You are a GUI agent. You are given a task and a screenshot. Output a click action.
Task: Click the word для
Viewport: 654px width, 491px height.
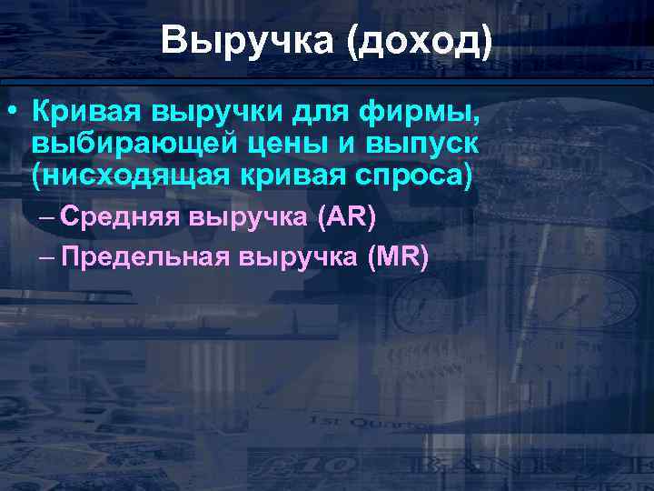click(x=317, y=114)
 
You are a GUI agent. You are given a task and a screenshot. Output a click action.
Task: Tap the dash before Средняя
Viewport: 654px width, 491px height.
click(x=47, y=218)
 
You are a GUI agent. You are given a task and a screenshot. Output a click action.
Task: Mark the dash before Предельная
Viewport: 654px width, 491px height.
click(x=47, y=257)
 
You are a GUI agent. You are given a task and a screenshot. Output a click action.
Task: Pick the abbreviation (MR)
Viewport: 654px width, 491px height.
click(x=397, y=257)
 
